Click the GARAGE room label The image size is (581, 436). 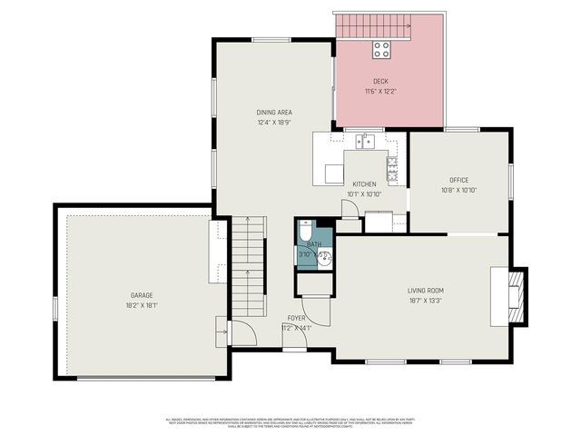(142, 294)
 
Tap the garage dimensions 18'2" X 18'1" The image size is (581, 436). (142, 305)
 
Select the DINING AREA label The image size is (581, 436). (274, 113)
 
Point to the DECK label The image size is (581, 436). (380, 82)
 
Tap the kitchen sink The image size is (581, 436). (366, 141)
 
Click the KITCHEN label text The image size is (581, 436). (364, 183)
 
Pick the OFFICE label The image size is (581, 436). (458, 180)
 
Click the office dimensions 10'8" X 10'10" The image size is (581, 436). (458, 191)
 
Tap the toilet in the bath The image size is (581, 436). (307, 229)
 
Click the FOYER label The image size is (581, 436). (297, 318)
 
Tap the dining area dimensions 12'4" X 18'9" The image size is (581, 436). (274, 123)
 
